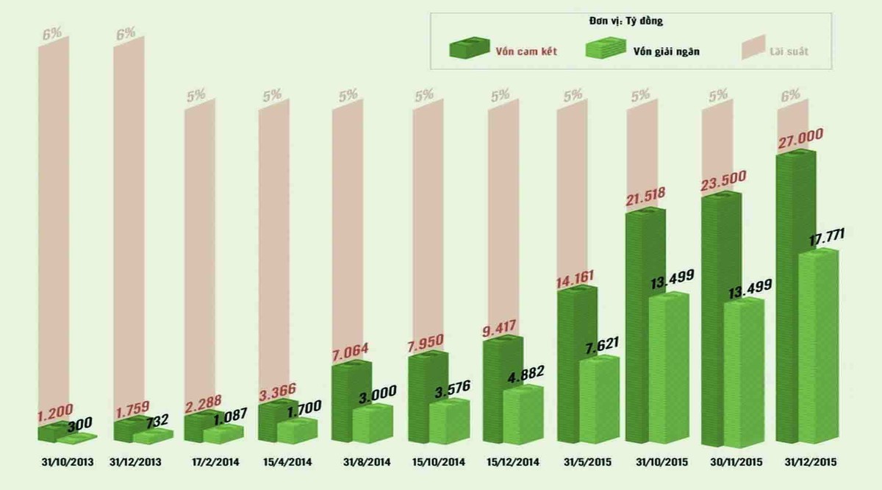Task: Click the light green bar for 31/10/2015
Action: pos(669,368)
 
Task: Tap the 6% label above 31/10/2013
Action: pos(53,34)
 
